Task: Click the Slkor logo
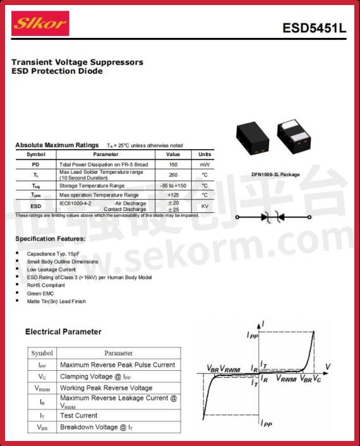(x=40, y=24)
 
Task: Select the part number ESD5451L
(x=314, y=28)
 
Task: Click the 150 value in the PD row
(x=172, y=164)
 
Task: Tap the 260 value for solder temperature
(x=172, y=175)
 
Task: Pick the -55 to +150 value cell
(x=172, y=186)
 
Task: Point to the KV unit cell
(x=205, y=207)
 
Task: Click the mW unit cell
(x=205, y=164)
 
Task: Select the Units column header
(x=205, y=154)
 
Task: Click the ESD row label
(x=36, y=207)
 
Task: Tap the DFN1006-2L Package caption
(x=275, y=174)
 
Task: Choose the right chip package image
(x=297, y=136)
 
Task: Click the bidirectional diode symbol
(x=273, y=217)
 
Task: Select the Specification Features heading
(x=50, y=239)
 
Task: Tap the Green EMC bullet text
(x=41, y=293)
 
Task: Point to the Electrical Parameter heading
(x=63, y=332)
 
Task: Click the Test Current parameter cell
(x=79, y=415)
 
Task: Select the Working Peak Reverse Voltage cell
(x=106, y=388)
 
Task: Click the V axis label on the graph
(x=328, y=366)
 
